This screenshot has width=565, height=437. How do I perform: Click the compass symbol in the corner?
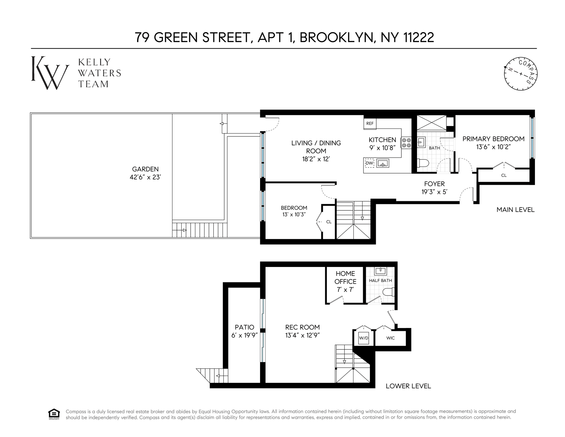pyautogui.click(x=521, y=74)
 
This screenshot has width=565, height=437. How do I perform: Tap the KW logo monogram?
pyautogui.click(x=50, y=73)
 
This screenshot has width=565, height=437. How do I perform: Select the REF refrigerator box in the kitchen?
pyautogui.click(x=370, y=123)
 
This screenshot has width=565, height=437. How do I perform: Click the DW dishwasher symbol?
pyautogui.click(x=369, y=163)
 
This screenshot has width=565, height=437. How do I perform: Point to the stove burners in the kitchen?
pyautogui.click(x=406, y=143)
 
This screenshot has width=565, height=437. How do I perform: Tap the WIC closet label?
pyautogui.click(x=390, y=338)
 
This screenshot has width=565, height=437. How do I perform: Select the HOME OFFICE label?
pyautogui.click(x=345, y=278)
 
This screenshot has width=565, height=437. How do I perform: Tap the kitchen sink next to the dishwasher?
pyautogui.click(x=383, y=163)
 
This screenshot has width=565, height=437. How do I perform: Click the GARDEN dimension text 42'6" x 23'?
pyautogui.click(x=145, y=177)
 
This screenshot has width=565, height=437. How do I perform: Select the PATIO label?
pyautogui.click(x=245, y=327)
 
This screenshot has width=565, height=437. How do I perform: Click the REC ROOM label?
pyautogui.click(x=303, y=327)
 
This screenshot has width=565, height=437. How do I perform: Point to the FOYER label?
pyautogui.click(x=434, y=184)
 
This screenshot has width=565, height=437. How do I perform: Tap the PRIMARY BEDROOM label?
pyautogui.click(x=493, y=139)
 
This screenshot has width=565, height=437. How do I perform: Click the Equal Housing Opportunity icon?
pyautogui.click(x=54, y=414)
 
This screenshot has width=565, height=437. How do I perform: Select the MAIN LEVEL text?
pyautogui.click(x=516, y=210)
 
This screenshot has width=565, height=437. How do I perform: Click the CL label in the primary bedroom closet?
pyautogui.click(x=504, y=175)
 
